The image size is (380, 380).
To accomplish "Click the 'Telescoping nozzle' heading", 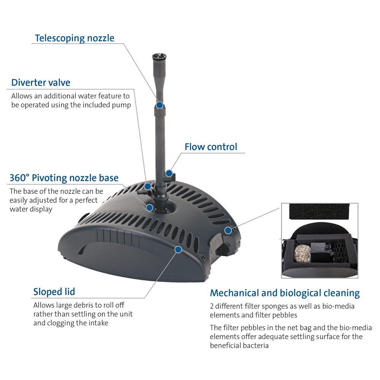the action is click(74, 38).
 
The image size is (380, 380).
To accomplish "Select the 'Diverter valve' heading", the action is click(41, 82).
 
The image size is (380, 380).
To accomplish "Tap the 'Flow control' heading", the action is click(211, 147).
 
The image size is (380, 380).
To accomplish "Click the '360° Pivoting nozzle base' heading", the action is click(64, 178).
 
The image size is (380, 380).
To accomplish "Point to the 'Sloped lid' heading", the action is click(54, 292).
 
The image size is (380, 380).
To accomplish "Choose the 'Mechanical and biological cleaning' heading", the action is click(285, 293).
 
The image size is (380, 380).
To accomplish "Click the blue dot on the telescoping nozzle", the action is click(160, 105).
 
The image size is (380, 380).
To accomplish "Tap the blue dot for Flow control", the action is click(169, 173).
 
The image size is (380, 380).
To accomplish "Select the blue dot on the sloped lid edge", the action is click(178, 249).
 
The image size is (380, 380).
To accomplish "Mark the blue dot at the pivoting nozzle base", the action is click(149, 208).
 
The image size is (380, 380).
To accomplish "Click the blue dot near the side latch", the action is click(228, 230).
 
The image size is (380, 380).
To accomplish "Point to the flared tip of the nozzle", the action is click(159, 57).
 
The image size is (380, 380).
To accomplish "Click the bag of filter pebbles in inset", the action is click(302, 253).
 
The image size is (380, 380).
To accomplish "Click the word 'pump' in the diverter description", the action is click(122, 105).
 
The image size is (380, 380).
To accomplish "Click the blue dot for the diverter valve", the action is click(148, 186).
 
